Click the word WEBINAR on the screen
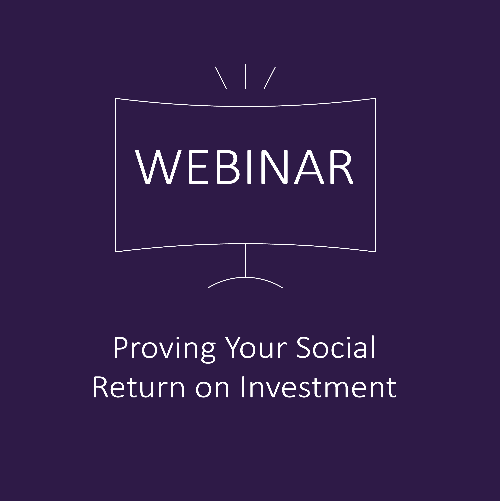coord(244,167)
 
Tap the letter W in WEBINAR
coord(158,167)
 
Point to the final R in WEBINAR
coord(342,167)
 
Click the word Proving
coord(165,350)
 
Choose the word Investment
coord(319,387)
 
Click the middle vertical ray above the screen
coord(245,77)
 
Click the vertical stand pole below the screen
coord(245,260)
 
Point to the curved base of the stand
coord(245,277)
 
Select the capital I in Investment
coord(243,387)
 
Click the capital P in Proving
coord(121,348)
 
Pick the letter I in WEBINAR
coord(249,167)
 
